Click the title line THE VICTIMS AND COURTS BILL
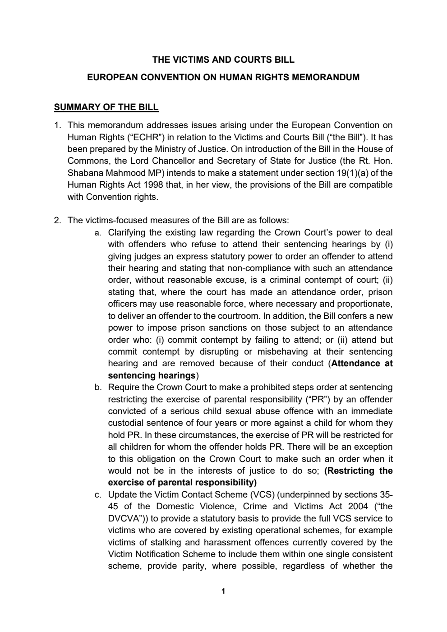point(223,60)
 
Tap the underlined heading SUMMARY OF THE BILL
point(106,107)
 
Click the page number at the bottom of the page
point(223,591)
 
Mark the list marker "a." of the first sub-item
point(98,233)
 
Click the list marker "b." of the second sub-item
point(98,388)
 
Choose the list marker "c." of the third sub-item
point(98,495)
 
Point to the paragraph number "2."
point(57,221)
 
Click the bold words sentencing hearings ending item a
point(152,376)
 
